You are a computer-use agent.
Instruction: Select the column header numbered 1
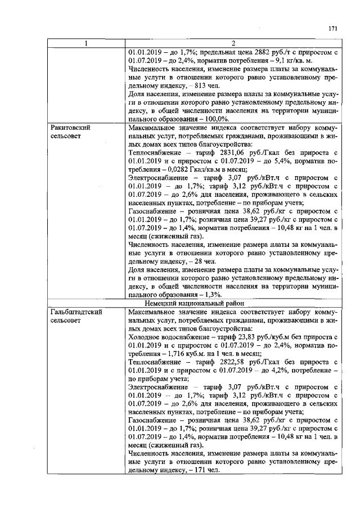[86, 43]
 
